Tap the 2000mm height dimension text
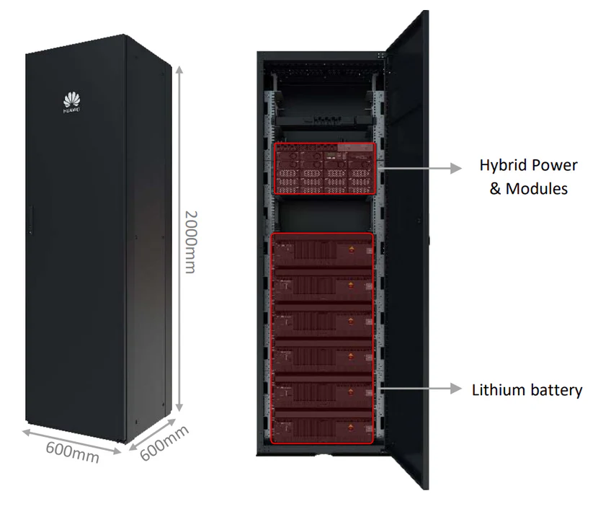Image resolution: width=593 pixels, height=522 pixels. click(x=190, y=242)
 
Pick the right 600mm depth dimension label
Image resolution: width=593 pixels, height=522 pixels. click(x=164, y=443)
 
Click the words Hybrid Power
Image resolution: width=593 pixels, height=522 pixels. click(x=528, y=165)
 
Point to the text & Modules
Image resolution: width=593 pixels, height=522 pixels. click(x=528, y=189)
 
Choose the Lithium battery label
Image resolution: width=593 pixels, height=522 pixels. click(x=527, y=390)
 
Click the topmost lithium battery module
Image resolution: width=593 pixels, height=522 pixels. click(x=322, y=253)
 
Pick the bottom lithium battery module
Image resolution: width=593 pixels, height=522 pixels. click(x=322, y=426)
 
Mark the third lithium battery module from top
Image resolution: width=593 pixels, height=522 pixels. click(x=322, y=322)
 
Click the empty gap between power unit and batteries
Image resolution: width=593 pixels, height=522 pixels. click(x=322, y=214)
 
